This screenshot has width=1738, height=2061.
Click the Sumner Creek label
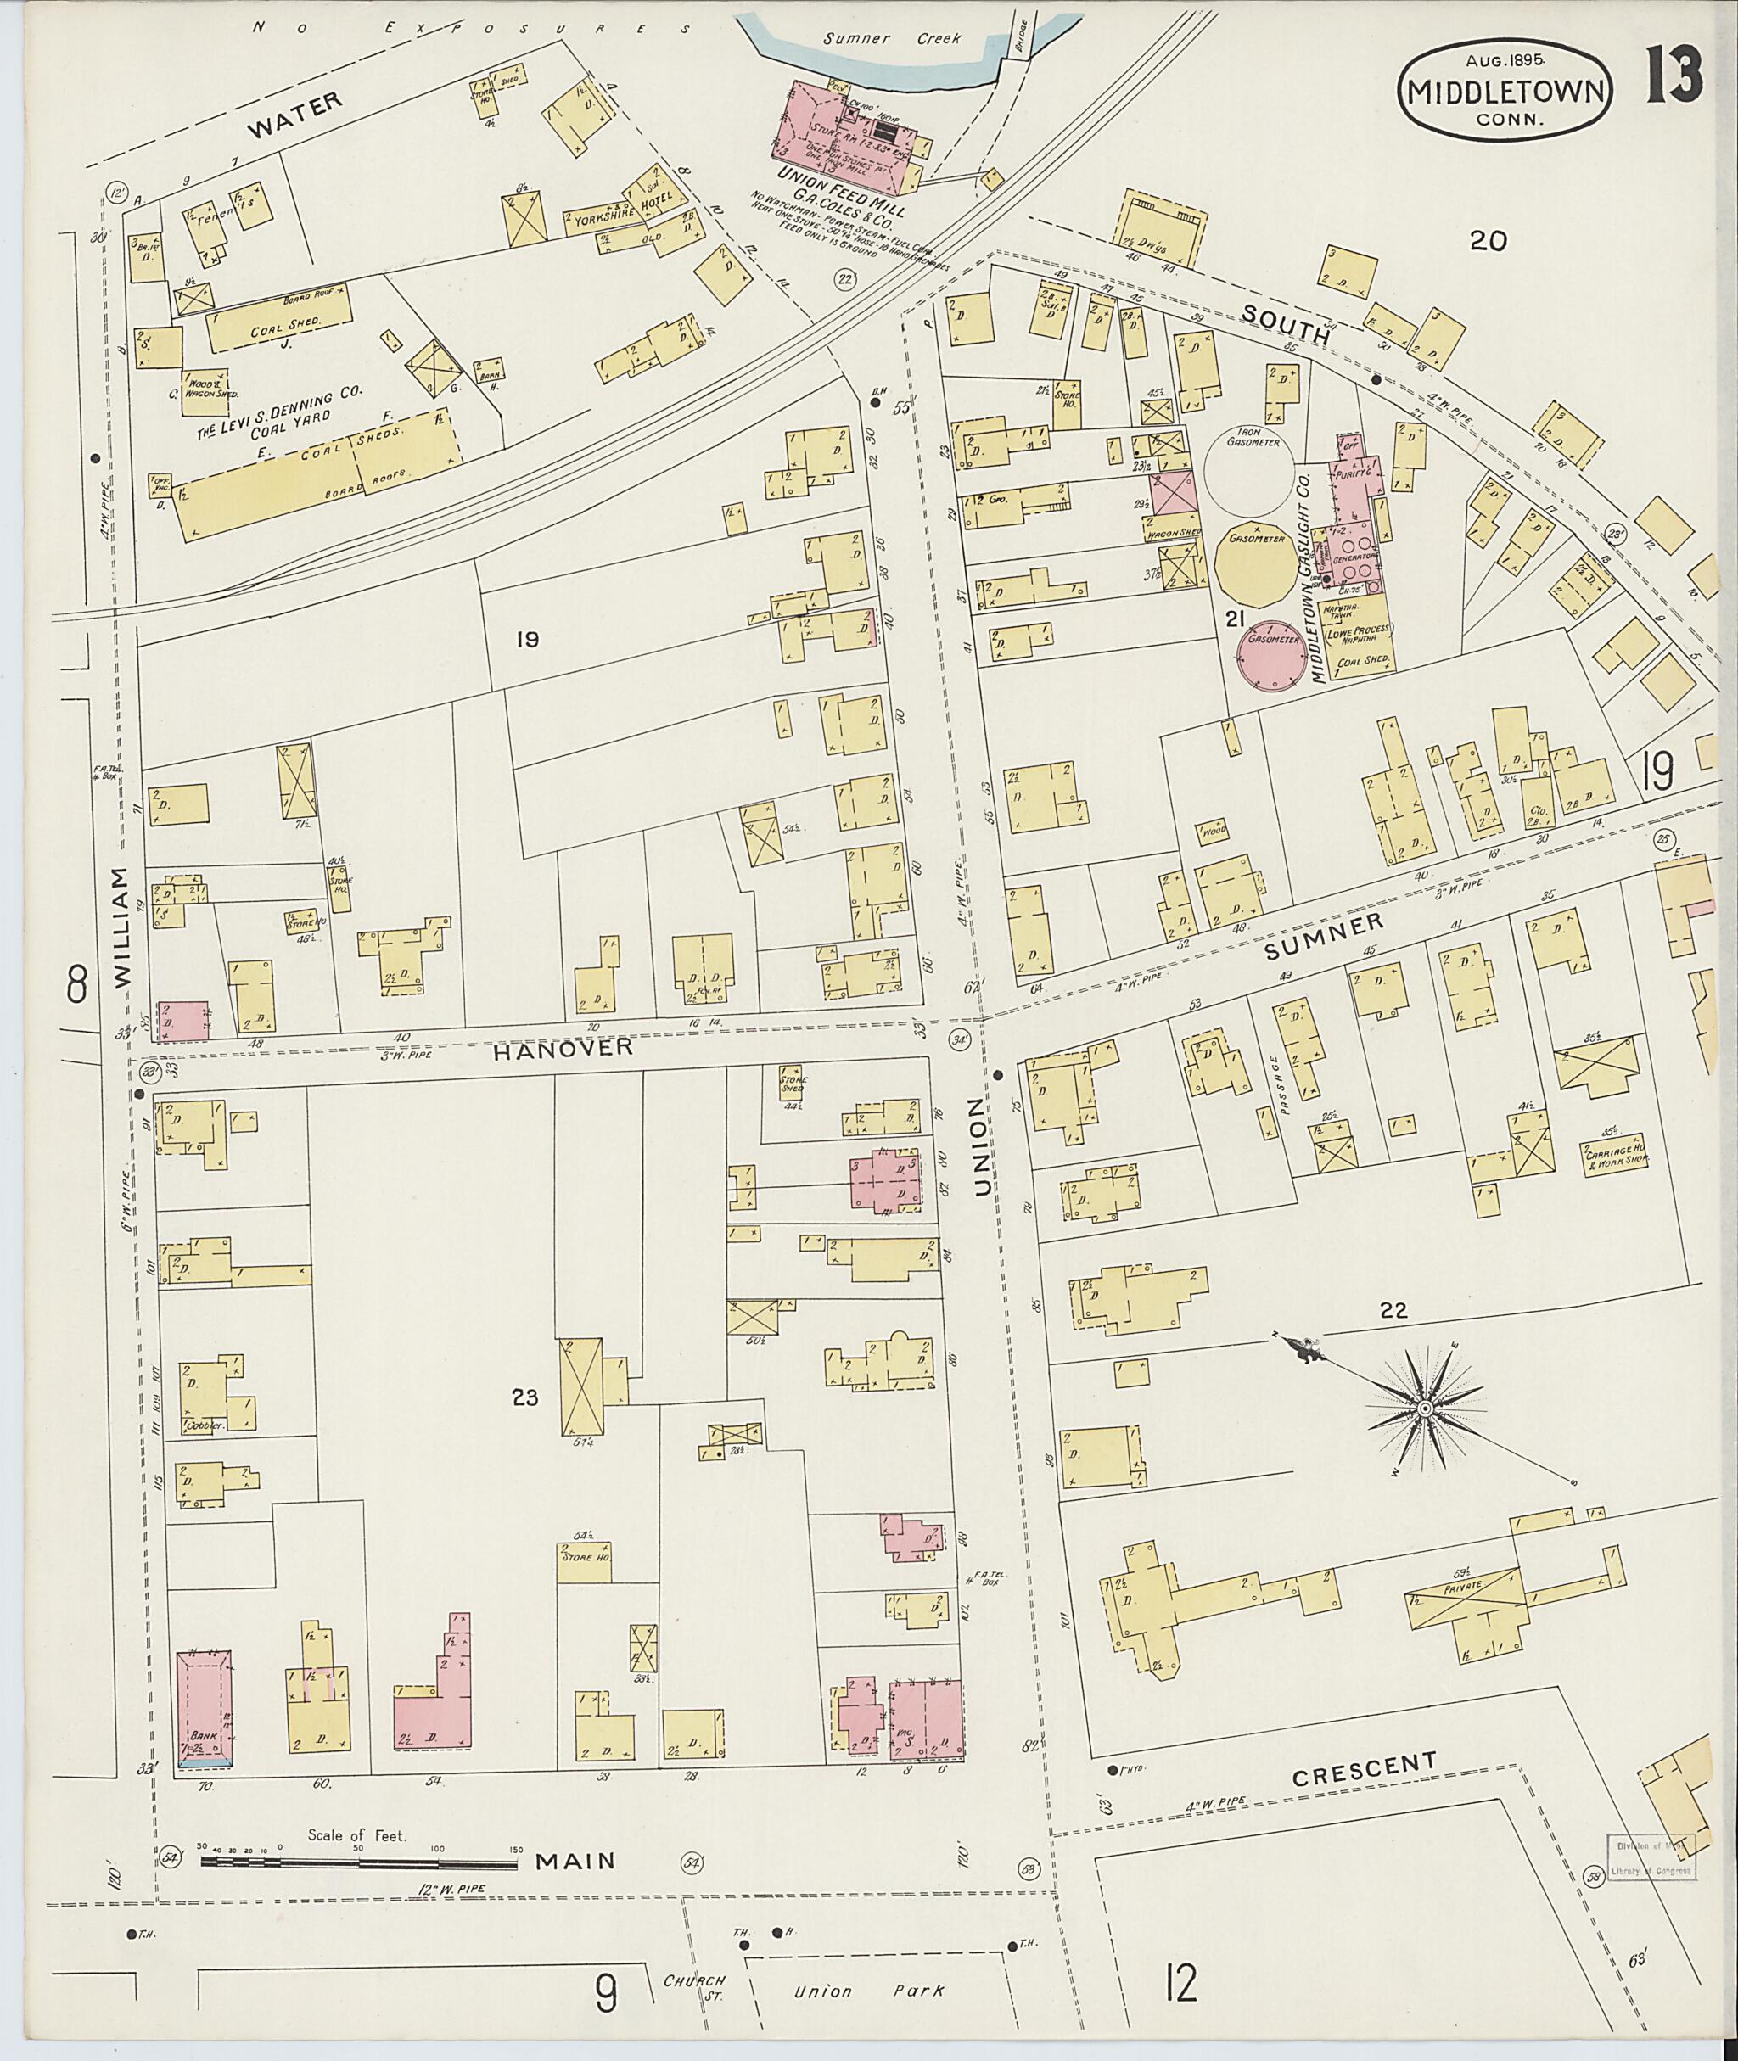[x=871, y=39]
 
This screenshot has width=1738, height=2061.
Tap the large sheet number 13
[x=1671, y=79]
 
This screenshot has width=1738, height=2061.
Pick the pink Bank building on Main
[x=204, y=1709]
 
